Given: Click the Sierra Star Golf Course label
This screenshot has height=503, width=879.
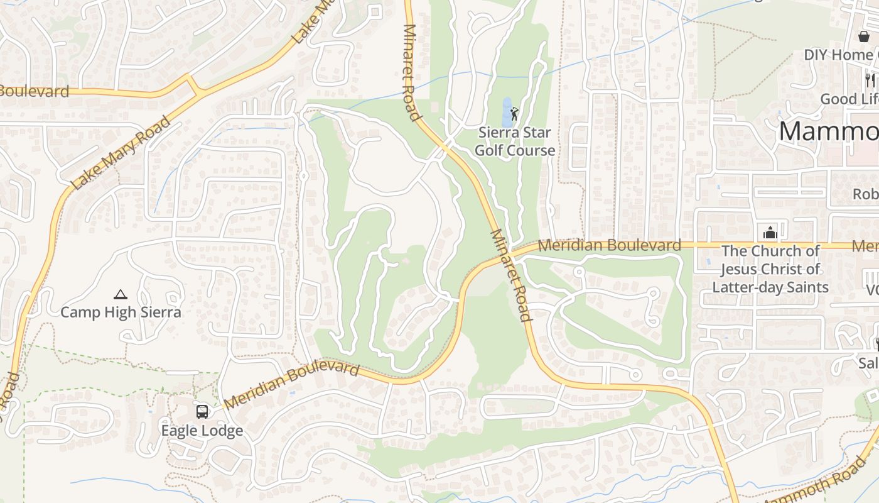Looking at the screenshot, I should tap(514, 141).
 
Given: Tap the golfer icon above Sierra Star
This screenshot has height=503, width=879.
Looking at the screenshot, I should tap(515, 114).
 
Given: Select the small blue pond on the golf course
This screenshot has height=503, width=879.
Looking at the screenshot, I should tap(507, 112).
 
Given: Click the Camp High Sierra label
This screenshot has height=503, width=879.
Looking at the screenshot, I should tap(121, 312).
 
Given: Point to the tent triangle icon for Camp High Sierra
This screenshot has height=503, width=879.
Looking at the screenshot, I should tap(120, 294).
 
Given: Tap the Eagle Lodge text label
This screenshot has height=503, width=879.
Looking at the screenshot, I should tap(202, 431).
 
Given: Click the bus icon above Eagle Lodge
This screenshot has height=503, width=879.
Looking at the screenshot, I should tap(202, 412).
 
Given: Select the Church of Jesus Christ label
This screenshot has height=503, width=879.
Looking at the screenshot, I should tap(770, 269).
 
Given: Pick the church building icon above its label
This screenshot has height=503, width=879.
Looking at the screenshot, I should tap(770, 233).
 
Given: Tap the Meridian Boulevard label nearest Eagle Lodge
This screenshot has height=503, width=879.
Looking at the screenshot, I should tap(291, 384).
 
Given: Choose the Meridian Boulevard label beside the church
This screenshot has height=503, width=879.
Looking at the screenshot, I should tap(610, 245).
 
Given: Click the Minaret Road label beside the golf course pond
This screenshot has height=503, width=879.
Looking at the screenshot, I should tap(412, 72).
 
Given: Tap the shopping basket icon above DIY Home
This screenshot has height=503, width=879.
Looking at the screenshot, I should tap(864, 36).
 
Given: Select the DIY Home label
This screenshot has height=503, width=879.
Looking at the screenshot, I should tap(841, 55).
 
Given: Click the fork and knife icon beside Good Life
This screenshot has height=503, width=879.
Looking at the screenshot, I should tap(870, 80).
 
